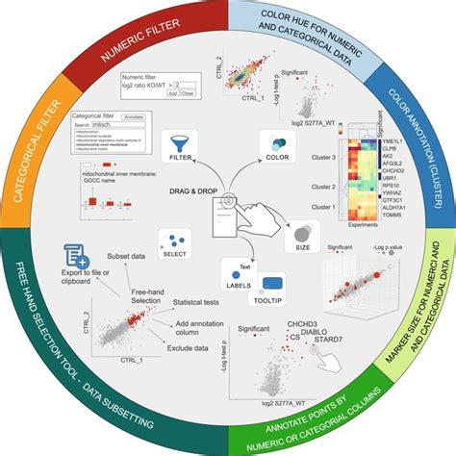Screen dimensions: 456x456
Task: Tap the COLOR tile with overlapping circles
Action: pos(274,144)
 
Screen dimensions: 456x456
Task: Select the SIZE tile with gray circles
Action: pos(302,234)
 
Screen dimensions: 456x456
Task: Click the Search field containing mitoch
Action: pos(104,125)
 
